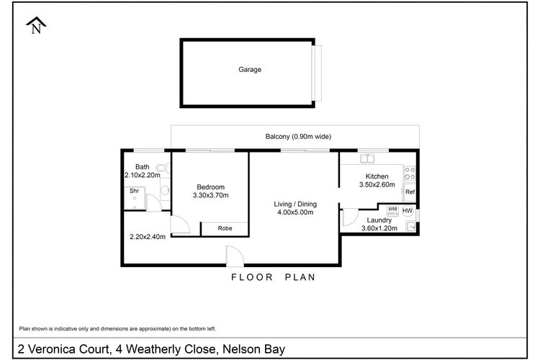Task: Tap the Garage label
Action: (x=250, y=70)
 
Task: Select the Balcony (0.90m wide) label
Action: (x=298, y=136)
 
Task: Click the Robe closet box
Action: (x=225, y=228)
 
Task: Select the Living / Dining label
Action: (x=296, y=204)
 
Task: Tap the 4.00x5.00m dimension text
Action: (x=296, y=213)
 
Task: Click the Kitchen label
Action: (x=377, y=176)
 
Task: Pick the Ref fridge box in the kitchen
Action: (x=409, y=192)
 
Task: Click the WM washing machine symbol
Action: (x=392, y=210)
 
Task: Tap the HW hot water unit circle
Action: (x=408, y=211)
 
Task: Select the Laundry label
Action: (x=378, y=220)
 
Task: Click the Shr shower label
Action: (x=134, y=192)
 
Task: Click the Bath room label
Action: (x=142, y=167)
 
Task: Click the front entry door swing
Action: (x=234, y=256)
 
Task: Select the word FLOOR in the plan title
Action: (x=248, y=277)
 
